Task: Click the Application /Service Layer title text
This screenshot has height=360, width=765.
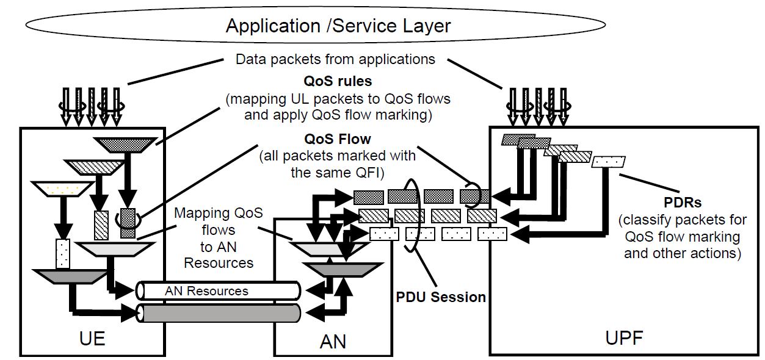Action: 338,26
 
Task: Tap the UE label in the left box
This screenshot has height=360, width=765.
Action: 93,337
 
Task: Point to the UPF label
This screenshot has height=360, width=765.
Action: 624,337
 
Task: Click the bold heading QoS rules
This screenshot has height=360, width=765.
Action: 338,81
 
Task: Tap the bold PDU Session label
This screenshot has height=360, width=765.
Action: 441,297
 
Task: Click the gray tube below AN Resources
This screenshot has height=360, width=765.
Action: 219,313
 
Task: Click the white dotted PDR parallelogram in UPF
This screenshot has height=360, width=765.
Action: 609,162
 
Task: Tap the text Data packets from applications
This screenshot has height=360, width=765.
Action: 335,59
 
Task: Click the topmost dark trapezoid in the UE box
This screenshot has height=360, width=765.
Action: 125,144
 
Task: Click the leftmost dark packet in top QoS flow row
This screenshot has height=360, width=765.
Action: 368,196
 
